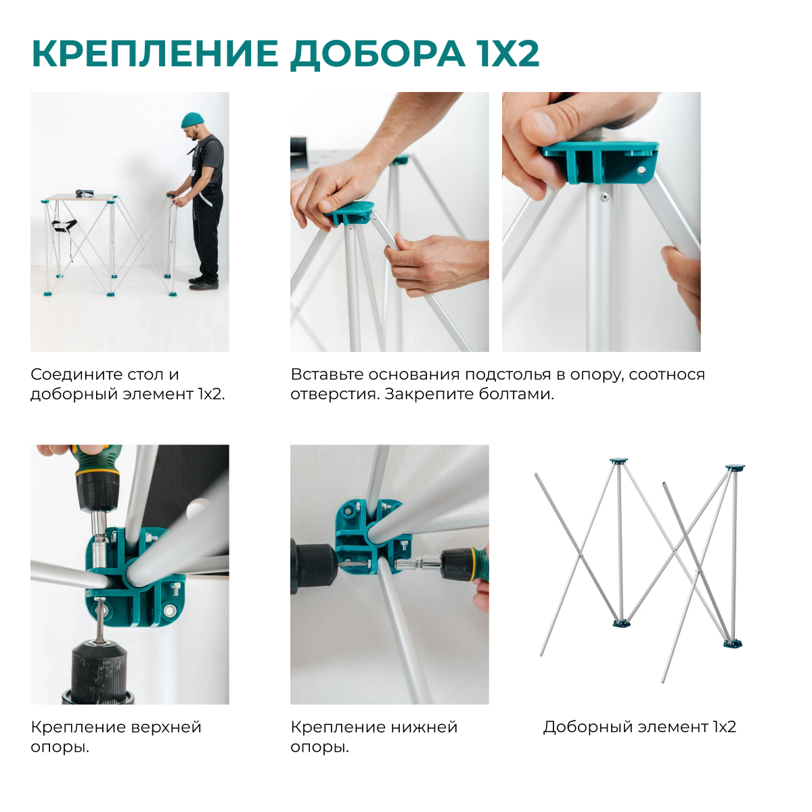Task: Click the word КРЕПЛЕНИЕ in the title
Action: click(155, 53)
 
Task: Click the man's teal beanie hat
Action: click(192, 120)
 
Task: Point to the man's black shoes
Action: click(203, 282)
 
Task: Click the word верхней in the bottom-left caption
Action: click(166, 727)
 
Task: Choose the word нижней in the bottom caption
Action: click(426, 727)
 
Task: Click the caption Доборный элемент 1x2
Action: click(639, 727)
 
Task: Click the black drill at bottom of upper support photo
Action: click(99, 670)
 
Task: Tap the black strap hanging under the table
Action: click(65, 226)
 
